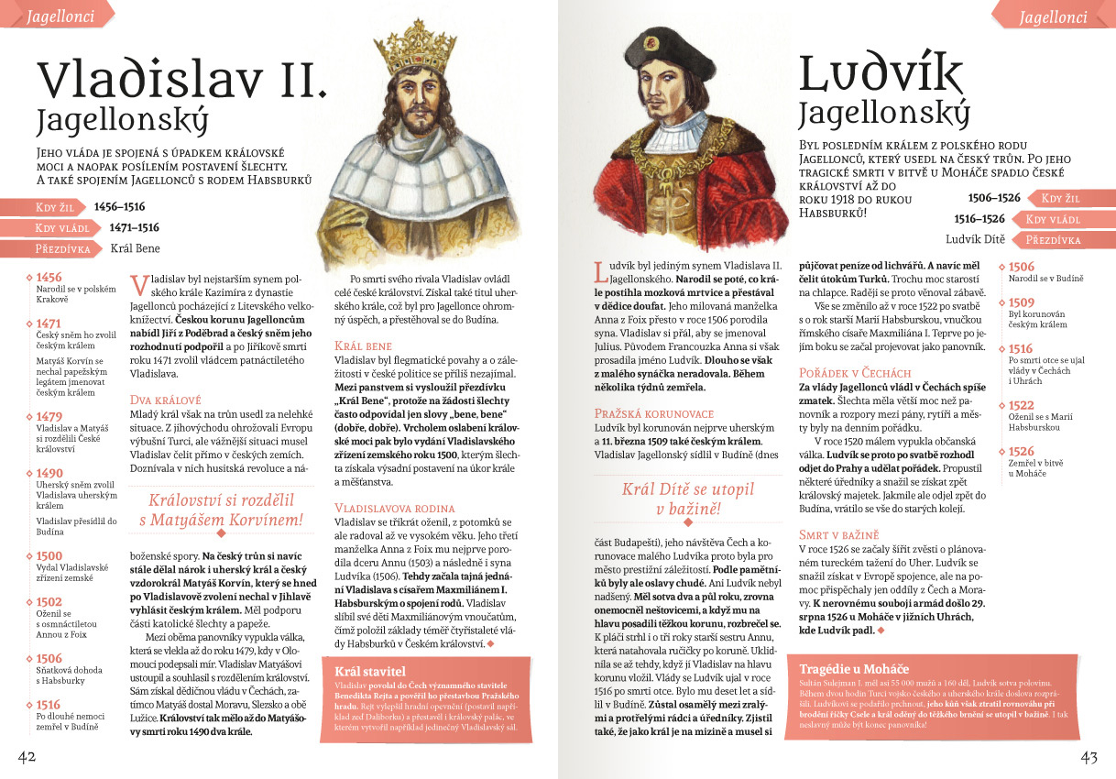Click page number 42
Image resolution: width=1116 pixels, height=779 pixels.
[27, 756]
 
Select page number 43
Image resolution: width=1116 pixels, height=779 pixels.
[1089, 757]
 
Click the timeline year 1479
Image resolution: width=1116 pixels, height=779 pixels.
[49, 416]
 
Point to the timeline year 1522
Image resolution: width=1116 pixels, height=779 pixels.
[1022, 406]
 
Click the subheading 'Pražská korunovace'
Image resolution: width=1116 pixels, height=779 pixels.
[653, 414]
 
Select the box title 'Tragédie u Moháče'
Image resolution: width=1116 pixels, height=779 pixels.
[854, 668]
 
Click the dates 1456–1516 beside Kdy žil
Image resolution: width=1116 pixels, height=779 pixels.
[119, 207]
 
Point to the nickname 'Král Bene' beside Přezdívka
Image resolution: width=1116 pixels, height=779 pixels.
[136, 247]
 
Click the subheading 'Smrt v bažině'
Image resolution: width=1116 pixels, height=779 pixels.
[838, 534]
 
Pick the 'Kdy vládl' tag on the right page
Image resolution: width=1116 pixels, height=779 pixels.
[1053, 219]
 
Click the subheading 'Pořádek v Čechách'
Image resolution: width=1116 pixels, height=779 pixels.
[856, 373]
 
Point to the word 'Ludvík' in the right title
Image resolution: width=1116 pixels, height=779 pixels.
[881, 73]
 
